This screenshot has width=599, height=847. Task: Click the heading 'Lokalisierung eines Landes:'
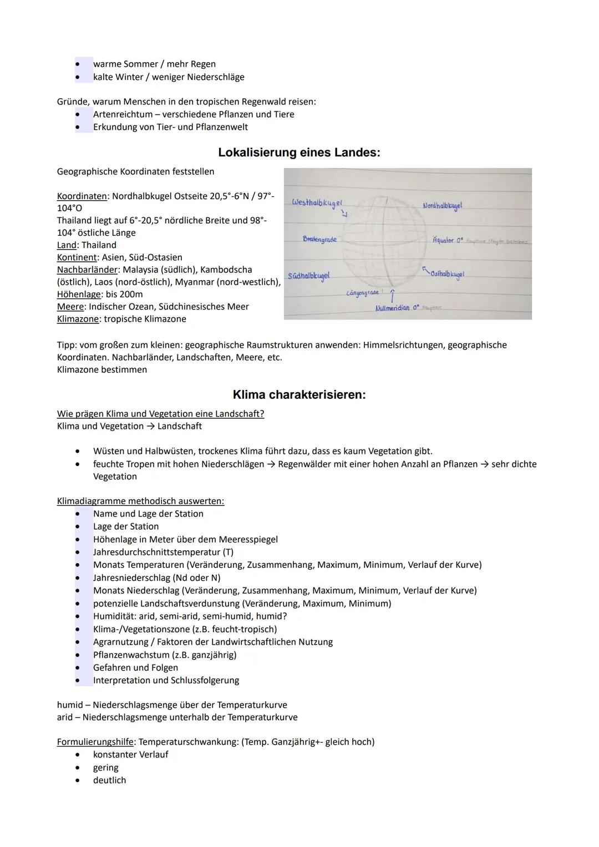coord(299,153)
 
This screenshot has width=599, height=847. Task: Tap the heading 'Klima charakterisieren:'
coord(299,395)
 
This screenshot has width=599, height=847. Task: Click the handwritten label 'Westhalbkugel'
coord(317,202)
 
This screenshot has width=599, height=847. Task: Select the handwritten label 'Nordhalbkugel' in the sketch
coord(442,206)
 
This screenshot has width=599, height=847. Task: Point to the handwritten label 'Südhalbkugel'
coord(309,275)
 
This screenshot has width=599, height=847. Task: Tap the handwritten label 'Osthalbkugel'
coord(448,274)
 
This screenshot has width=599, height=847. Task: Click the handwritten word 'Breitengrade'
coord(319,239)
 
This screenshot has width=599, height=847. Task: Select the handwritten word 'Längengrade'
coord(363,292)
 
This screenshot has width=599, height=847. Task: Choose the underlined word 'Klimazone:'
coord(79,319)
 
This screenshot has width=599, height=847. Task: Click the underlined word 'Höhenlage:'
coord(79,294)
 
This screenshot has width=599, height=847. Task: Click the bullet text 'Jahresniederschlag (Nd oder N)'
coord(157,577)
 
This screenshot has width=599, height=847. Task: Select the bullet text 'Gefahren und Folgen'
coord(135,667)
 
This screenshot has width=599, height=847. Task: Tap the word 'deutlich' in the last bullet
coord(109,780)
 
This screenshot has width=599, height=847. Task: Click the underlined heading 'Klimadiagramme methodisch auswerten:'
coord(140,501)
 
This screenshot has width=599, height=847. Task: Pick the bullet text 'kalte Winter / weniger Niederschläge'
coord(169,77)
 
